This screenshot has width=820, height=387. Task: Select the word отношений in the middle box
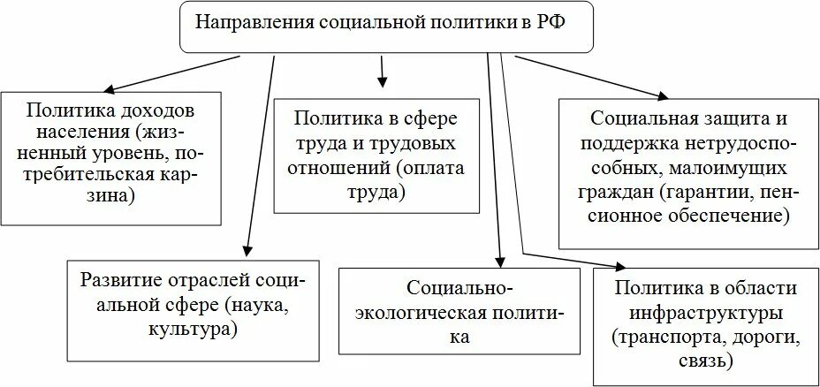[x=345, y=168]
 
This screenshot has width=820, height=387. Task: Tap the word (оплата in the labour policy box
[x=429, y=168]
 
